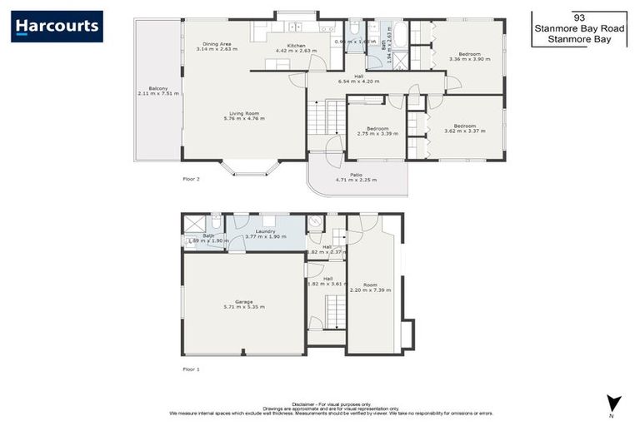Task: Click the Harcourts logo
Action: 57,26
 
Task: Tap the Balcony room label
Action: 158,88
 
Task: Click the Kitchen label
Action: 297,45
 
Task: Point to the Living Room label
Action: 244,114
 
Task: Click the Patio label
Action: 356,175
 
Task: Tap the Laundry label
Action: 266,231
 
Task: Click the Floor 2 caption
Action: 192,178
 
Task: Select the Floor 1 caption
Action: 192,369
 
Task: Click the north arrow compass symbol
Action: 614,403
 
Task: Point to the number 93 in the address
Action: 578,16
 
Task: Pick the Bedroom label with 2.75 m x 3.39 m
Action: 377,128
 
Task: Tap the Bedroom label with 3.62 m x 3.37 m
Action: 460,126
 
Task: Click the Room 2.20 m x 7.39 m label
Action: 371,285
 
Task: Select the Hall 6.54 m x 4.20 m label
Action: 358,77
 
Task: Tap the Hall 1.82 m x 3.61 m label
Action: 327,279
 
